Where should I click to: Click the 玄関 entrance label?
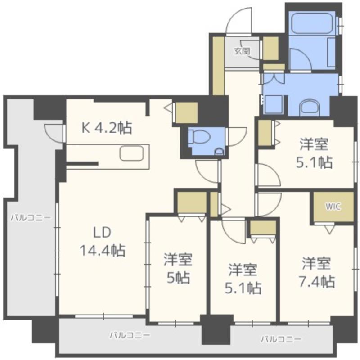click(242, 51)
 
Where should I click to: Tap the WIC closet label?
click(333, 207)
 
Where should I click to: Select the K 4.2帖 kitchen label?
click(107, 128)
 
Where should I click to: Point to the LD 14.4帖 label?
click(103, 241)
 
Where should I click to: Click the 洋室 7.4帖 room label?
click(316, 272)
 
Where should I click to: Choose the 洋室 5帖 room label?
click(178, 268)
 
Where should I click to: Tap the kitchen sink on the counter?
click(131, 153)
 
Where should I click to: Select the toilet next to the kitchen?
click(199, 137)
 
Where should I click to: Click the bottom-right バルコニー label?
click(281, 339)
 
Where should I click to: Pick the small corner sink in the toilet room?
click(220, 151)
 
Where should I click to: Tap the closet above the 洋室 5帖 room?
click(192, 202)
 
